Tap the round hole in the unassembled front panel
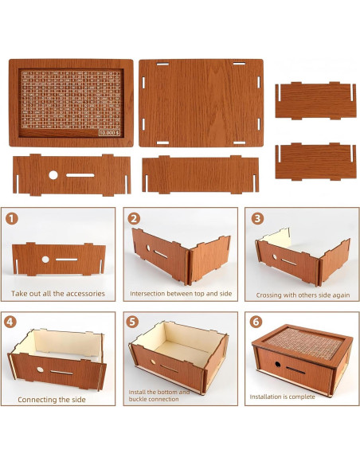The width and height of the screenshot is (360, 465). tap(53, 174)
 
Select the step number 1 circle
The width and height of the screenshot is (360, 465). tap(13, 217)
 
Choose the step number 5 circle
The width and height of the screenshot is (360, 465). tap(134, 322)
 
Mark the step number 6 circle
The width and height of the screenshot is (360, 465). tap(256, 322)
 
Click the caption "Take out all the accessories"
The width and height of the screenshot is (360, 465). tap(58, 294)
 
